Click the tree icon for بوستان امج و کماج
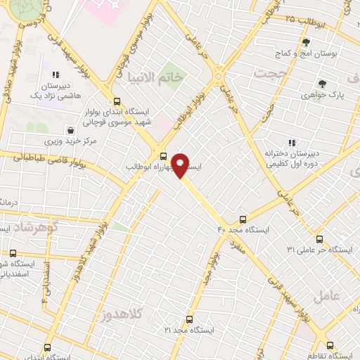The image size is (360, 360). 305,42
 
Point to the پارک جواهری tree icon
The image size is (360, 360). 323,84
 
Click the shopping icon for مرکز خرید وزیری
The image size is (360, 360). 70,130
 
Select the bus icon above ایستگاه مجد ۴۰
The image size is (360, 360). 243,219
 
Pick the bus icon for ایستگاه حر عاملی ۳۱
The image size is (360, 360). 320,239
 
